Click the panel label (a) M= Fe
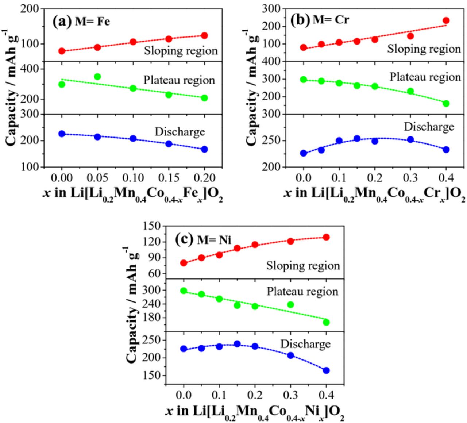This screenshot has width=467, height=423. coord(81,21)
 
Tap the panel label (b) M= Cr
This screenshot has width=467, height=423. coord(320,19)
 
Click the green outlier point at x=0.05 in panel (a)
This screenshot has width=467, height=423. coord(97,77)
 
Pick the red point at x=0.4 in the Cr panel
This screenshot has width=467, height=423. coord(446,21)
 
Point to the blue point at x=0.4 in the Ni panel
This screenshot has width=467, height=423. coord(326,370)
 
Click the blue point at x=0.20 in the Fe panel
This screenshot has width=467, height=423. coord(204,149)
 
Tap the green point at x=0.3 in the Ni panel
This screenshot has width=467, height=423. coord(290,304)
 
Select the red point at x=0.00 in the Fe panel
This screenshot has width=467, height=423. coord(62,51)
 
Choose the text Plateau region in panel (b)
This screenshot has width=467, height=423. coord(425,77)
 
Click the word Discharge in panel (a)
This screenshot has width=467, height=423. coord(180,131)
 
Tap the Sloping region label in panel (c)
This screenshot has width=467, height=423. coord(303,265)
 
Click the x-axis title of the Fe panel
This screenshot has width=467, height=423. coord(133,193)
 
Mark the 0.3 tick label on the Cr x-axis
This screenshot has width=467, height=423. coord(410,178)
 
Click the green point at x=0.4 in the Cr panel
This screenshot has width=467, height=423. coord(446,103)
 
